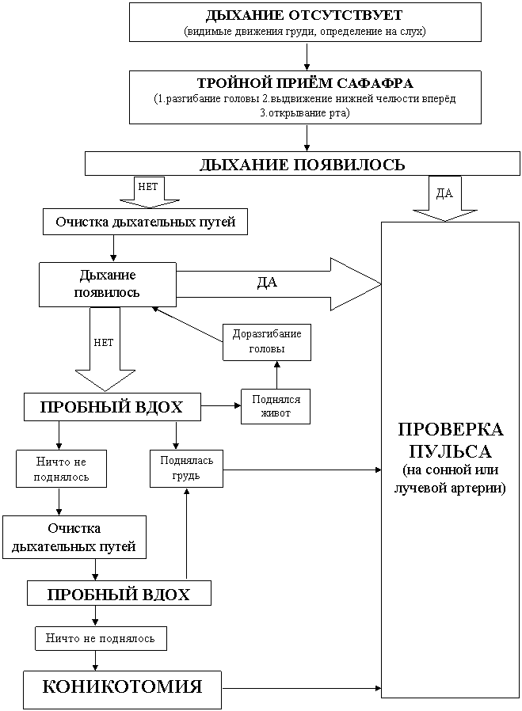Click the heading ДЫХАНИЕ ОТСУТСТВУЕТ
(305, 16)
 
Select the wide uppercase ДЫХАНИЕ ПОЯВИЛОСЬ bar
(302, 164)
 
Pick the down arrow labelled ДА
(444, 200)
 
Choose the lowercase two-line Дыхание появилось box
(108, 283)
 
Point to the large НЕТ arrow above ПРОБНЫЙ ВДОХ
(104, 352)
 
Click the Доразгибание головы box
(267, 341)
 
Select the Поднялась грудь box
(185, 468)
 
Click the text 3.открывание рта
(305, 112)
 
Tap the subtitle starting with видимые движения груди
(305, 32)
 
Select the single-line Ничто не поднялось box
(101, 637)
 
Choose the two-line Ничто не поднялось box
(61, 469)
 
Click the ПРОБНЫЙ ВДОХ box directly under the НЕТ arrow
(112, 407)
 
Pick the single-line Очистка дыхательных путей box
(145, 222)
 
